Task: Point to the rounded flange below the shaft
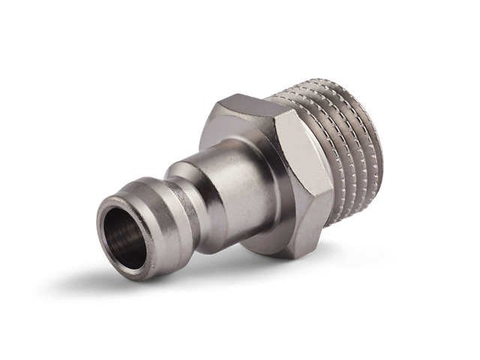pyautogui.click(x=247, y=240)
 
